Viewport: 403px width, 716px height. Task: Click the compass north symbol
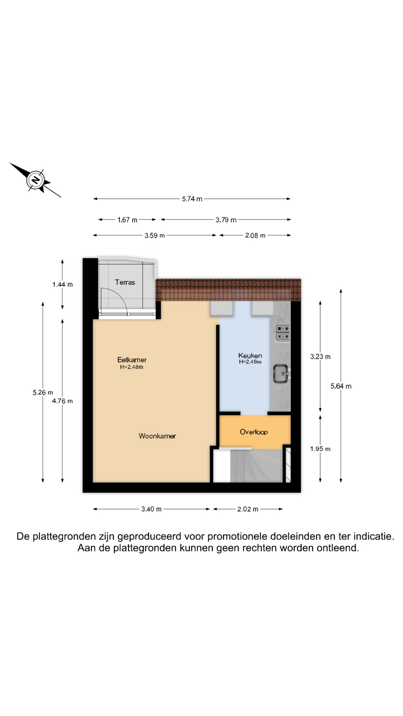coord(35,180)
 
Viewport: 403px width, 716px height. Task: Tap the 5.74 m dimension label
coord(192,199)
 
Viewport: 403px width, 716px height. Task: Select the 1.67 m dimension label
coord(127,220)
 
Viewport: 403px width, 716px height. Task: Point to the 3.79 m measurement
coord(226,220)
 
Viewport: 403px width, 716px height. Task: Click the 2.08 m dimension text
coord(255,236)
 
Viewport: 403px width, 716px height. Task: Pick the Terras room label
coord(125,282)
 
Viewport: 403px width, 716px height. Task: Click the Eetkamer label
coord(132,360)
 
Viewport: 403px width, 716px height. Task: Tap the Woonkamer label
coord(157,436)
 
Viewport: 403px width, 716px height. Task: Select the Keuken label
coord(250,356)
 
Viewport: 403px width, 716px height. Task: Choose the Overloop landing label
coord(254,432)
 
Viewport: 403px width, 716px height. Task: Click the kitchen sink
coord(281,373)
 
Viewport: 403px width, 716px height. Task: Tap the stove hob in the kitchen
coord(283,333)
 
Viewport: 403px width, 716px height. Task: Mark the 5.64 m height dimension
coord(341,386)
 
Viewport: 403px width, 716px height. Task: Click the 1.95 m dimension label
coord(320,449)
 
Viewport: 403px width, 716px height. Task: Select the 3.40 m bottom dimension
coord(151,509)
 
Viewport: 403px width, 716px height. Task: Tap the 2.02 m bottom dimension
coord(248,509)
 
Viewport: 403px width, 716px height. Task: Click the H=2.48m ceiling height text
coord(132,367)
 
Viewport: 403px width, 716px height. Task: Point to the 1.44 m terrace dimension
coord(63,285)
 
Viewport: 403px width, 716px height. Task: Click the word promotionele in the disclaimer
coord(237,537)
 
